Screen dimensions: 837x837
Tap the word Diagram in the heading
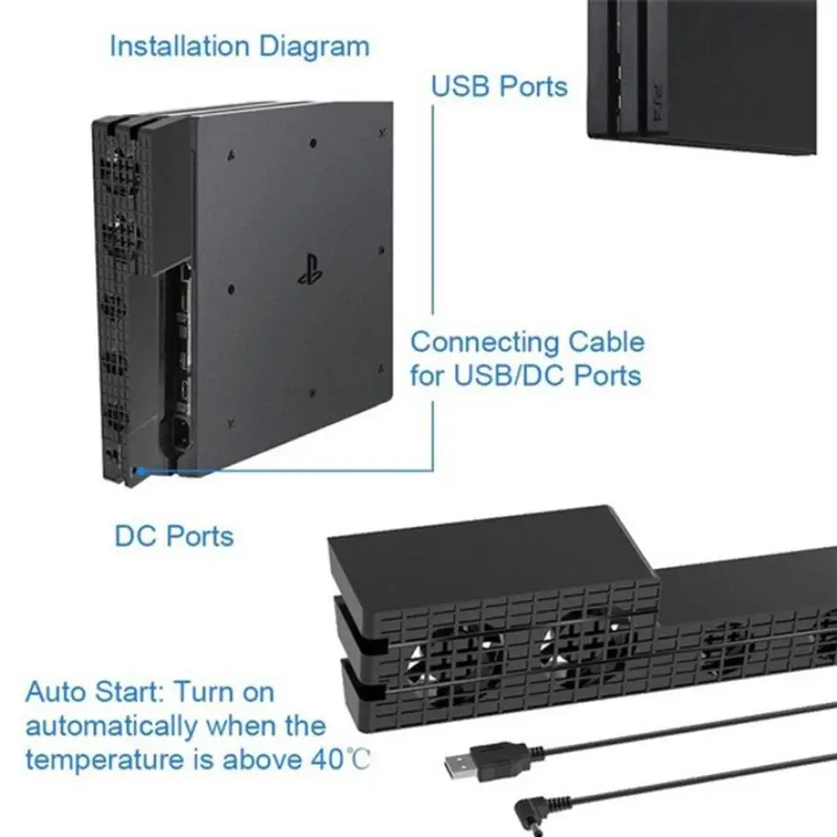tap(314, 47)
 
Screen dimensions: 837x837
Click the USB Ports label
tap(499, 86)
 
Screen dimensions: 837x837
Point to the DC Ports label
tap(174, 536)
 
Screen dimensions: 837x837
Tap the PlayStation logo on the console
tap(310, 270)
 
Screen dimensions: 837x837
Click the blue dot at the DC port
tap(141, 471)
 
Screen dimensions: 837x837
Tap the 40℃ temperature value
tap(340, 759)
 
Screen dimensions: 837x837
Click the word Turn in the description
tap(200, 692)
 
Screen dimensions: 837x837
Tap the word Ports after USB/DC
tap(607, 375)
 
